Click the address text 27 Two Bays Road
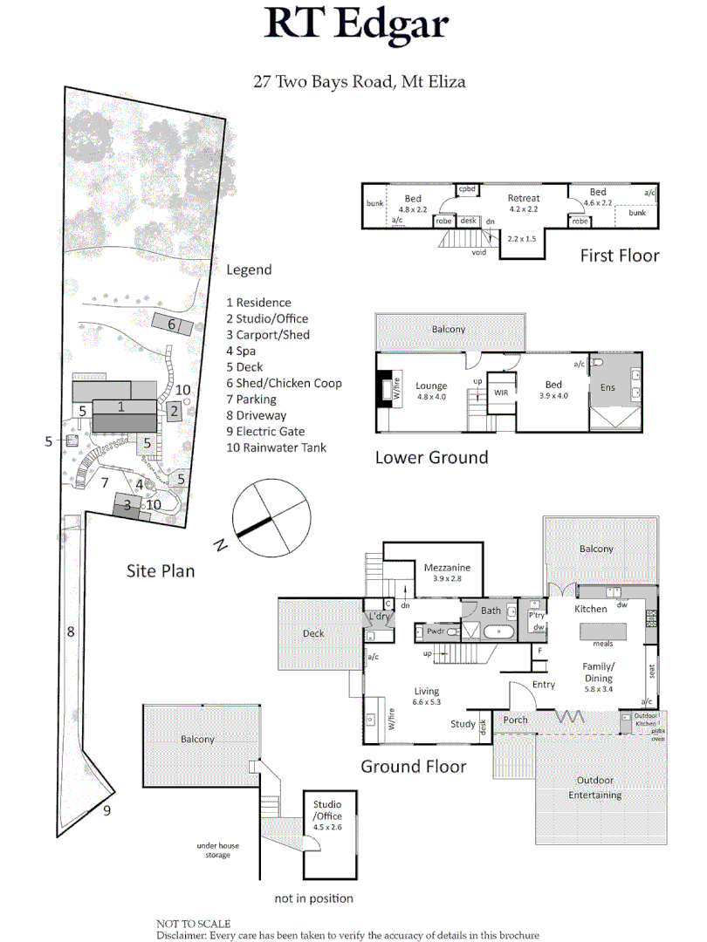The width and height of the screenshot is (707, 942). pos(359,83)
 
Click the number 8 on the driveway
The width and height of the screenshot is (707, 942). pos(71,631)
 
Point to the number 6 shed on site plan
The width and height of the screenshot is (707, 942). pos(172,324)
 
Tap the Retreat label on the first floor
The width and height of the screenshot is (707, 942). pos(524,198)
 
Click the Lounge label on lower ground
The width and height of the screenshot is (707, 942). pos(431,386)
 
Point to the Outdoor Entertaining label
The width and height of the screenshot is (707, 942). pos(594,788)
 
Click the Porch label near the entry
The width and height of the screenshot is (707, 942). pos(516,720)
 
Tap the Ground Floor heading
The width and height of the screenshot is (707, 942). pos(413,768)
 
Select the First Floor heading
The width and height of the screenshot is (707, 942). pos(620,256)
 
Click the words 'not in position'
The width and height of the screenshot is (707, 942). pos(313,898)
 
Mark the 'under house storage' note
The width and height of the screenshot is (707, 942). pos(217,850)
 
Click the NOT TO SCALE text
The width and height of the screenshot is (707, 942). pos(193,924)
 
